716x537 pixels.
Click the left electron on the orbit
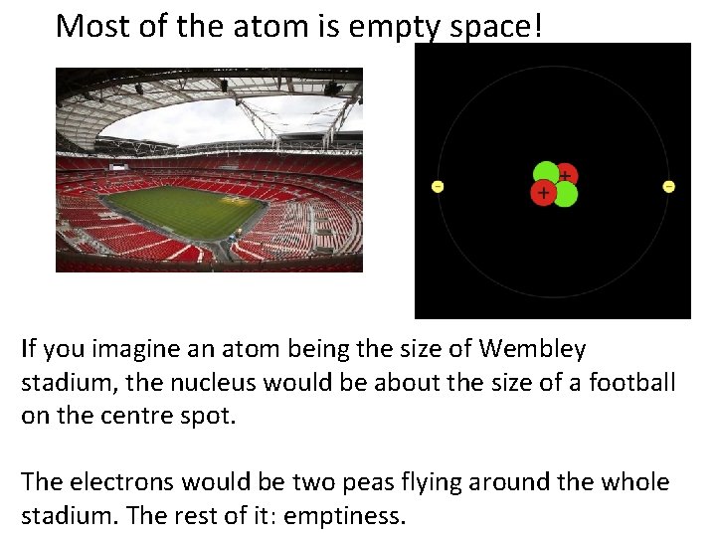[x=438, y=186]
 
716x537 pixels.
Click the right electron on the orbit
[x=668, y=186]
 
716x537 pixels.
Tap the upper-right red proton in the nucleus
[x=565, y=175]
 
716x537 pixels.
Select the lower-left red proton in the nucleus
[x=543, y=192]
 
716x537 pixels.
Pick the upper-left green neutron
[x=545, y=173]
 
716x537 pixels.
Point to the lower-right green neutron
[x=565, y=194]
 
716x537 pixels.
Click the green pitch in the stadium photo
[x=184, y=211]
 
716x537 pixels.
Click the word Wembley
[x=533, y=349]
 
